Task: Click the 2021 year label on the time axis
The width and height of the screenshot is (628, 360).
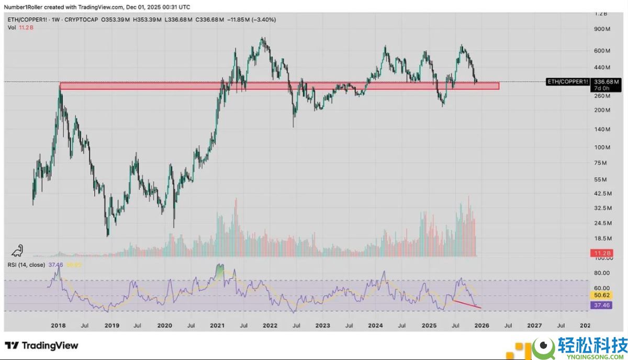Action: coord(217,325)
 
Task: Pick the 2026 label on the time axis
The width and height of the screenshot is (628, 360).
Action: coord(481,325)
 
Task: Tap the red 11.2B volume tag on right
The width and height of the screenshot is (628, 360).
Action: coord(600,253)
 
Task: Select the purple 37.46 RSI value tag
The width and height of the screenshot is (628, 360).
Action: coord(600,305)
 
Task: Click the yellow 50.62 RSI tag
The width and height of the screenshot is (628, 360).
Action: coord(600,296)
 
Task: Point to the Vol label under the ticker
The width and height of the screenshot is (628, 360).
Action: coord(12,27)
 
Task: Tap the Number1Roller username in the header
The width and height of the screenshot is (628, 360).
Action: coord(25,7)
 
